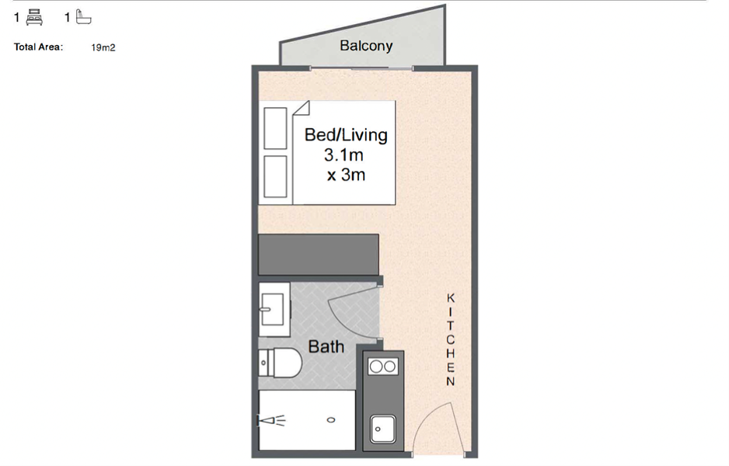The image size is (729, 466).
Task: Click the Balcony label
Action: [x=366, y=46]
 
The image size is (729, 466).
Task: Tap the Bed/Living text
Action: [x=346, y=134]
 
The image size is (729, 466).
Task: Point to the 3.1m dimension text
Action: [x=344, y=155]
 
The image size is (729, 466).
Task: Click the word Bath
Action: [x=326, y=346]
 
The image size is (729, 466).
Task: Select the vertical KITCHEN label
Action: [x=451, y=339]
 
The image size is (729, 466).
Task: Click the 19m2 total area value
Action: [x=103, y=47]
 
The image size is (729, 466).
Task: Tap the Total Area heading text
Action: [x=38, y=47]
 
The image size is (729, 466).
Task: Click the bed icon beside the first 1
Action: [x=34, y=18]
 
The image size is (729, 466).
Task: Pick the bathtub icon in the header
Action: [x=83, y=17]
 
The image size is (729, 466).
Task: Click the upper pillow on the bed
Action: [x=275, y=128]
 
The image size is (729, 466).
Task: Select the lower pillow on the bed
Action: [x=275, y=176]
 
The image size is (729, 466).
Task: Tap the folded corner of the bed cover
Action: [x=302, y=108]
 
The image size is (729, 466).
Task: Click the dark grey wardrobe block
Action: [x=319, y=255]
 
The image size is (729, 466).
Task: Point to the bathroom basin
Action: [x=273, y=309]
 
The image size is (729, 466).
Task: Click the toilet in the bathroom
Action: [x=280, y=363]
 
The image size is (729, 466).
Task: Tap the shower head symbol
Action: [x=271, y=421]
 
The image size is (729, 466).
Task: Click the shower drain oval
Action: [x=331, y=420]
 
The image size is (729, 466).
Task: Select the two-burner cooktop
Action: [x=383, y=367]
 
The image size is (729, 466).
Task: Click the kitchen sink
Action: [x=383, y=429]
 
